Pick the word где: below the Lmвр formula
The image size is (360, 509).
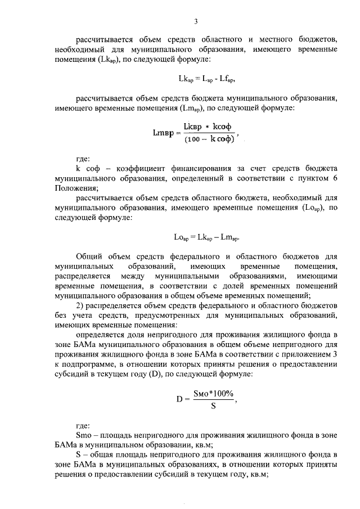click(83, 160)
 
